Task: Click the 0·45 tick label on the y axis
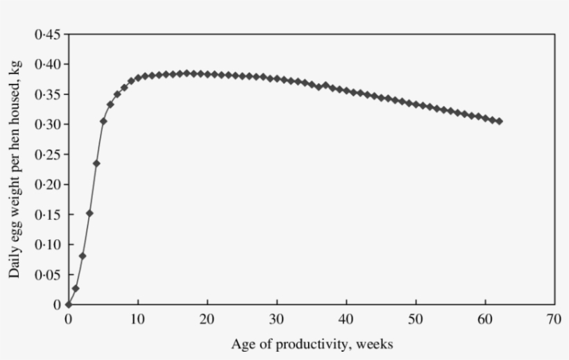point(47,34)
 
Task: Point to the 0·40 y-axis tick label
point(47,65)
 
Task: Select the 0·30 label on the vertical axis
point(47,124)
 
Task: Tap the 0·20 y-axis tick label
point(47,185)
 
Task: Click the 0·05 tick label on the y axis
point(47,275)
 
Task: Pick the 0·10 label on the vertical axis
point(47,245)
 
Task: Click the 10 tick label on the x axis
point(137,318)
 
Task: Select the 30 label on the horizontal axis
point(277,318)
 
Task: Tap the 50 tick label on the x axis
point(416,318)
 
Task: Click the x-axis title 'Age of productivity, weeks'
point(312,343)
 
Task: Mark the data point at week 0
point(68,305)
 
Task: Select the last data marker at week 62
point(499,121)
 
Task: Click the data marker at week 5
point(103,121)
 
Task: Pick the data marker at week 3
point(90,213)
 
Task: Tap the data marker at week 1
point(76,289)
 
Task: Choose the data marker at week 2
point(83,256)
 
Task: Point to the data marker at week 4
point(96,164)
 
